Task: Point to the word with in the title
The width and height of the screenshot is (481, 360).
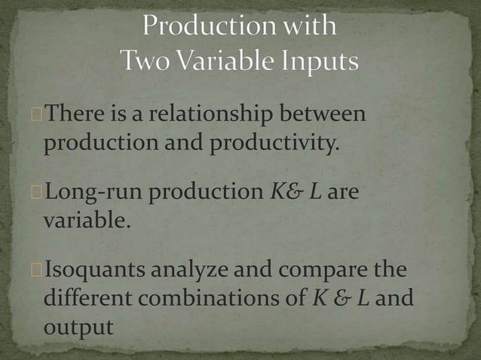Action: click(x=305, y=26)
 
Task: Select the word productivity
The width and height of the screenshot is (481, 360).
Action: click(x=270, y=142)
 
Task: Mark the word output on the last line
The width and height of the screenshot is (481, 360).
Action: click(x=79, y=326)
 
